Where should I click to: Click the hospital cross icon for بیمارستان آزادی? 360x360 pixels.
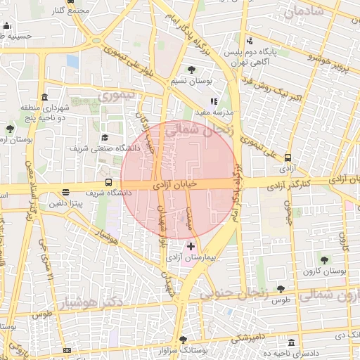191,247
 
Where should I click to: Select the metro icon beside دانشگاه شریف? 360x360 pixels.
108,182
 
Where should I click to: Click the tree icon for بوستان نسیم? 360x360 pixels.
191,69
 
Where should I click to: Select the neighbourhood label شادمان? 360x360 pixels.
304,12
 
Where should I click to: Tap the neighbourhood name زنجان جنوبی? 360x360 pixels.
235,295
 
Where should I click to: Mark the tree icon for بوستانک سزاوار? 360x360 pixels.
183,338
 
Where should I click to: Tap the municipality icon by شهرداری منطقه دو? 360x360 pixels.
45,97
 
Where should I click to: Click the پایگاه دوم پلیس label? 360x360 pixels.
271,53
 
